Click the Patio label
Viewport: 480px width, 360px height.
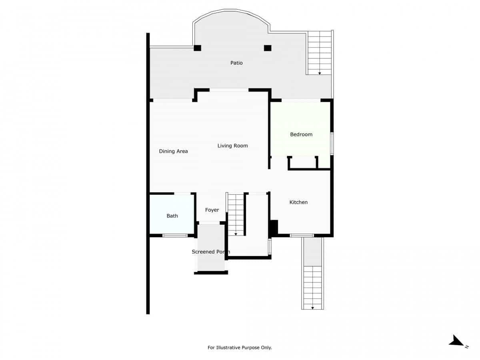[x=236, y=63]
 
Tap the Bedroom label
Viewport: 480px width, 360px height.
[x=301, y=134]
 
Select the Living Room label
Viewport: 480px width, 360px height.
[x=232, y=146]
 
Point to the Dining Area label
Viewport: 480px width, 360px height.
[x=173, y=151]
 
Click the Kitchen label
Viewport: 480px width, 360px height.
[x=298, y=202]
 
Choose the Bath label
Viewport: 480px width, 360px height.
[x=172, y=216]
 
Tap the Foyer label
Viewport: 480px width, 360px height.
[x=212, y=210]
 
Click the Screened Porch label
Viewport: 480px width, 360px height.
[x=211, y=252]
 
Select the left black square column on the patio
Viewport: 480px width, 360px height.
[x=197, y=48]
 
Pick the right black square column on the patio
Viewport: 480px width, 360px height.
[x=268, y=48]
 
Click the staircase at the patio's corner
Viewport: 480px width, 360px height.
[x=320, y=53]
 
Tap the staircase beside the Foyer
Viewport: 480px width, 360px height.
[x=236, y=214]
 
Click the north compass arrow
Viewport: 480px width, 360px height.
[x=456, y=341]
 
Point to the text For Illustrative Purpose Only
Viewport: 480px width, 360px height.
[x=240, y=348]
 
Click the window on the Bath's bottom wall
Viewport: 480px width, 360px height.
[x=175, y=235]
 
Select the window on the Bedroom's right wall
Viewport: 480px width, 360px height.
[x=332, y=143]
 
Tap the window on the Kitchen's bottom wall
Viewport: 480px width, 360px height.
[x=302, y=235]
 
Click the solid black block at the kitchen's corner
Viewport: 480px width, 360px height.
[x=274, y=228]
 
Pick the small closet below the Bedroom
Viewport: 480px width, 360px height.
[x=303, y=162]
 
